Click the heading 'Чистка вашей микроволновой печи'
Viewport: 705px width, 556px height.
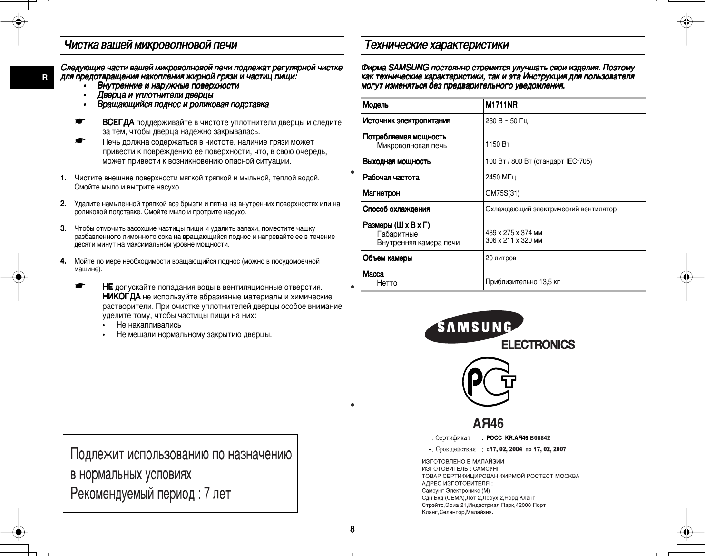click(x=150, y=45)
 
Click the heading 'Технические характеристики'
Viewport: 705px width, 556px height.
click(x=436, y=45)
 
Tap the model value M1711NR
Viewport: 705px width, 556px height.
click(x=501, y=105)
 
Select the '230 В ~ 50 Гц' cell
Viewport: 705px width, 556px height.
click(x=506, y=121)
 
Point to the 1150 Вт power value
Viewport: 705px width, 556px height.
click(x=494, y=144)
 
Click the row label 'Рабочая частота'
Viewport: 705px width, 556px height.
click(x=391, y=178)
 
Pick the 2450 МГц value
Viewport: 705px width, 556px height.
click(x=500, y=177)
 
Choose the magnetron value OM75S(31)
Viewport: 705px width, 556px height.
click(x=502, y=193)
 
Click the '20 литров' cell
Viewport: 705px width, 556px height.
click(x=500, y=258)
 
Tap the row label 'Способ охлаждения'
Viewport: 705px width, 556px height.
click(x=396, y=209)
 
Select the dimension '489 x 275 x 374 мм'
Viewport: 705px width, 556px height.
click(x=513, y=233)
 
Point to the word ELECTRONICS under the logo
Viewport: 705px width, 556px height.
click(x=538, y=345)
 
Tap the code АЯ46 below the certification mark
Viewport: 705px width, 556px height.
click(x=488, y=423)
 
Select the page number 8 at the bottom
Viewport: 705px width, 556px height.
click(x=352, y=529)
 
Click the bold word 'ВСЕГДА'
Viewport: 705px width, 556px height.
click(x=118, y=123)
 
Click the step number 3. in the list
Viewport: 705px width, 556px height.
click(x=63, y=228)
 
